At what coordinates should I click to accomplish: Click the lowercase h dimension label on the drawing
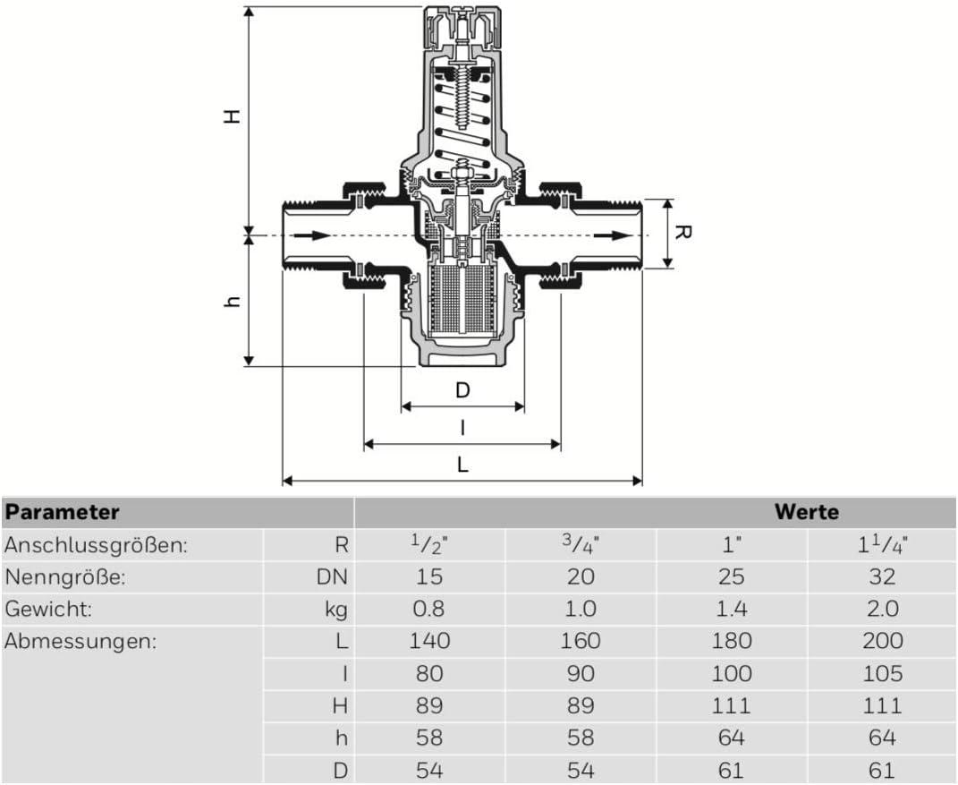(x=232, y=303)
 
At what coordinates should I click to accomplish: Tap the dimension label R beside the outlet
(x=682, y=233)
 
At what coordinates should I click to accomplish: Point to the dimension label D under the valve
(x=462, y=390)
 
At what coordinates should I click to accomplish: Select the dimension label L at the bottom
(x=462, y=465)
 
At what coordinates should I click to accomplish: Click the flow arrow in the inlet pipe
(x=308, y=235)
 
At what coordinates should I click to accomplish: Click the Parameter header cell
(x=63, y=512)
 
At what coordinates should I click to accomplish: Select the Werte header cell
(x=807, y=512)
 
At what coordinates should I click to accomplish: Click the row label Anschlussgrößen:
(x=97, y=544)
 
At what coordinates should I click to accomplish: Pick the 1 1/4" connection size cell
(x=881, y=544)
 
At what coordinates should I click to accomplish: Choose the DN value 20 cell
(x=581, y=577)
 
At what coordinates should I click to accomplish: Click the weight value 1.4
(x=731, y=610)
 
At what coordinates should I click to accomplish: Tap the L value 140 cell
(x=429, y=642)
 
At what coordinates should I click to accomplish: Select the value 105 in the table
(x=881, y=674)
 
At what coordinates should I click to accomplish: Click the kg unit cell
(x=335, y=610)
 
